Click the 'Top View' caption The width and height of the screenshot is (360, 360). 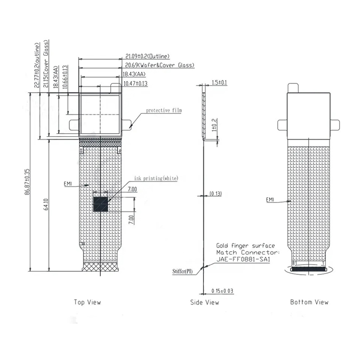pos(87,302)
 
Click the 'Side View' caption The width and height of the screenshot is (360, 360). pos(205,302)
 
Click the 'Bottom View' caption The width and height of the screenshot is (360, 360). pos(309,302)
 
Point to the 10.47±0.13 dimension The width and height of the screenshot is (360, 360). pos(135,84)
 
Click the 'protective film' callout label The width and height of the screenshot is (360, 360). pos(164,110)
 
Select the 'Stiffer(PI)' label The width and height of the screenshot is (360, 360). pos(183,271)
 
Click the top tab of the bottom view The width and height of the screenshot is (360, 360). pos(293,86)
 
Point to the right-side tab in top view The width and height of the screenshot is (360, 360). pos(127,123)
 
